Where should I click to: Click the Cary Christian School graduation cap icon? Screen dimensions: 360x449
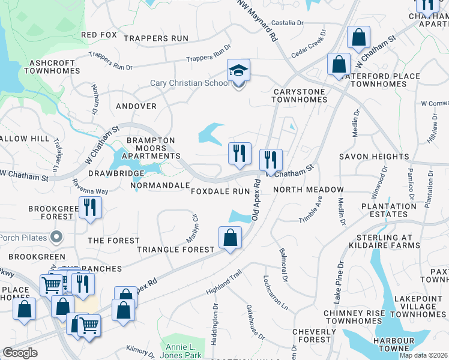[x=238, y=71]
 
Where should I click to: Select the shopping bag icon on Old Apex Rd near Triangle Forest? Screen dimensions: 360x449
[x=230, y=238]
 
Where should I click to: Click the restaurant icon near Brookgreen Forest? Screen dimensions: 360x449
[x=90, y=208]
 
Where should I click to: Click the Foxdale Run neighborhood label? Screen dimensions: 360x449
[x=220, y=191]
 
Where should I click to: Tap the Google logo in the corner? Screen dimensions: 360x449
[x=20, y=353]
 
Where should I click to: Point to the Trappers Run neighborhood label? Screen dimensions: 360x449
[x=155, y=38]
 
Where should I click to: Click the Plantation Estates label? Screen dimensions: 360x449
[x=389, y=211]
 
